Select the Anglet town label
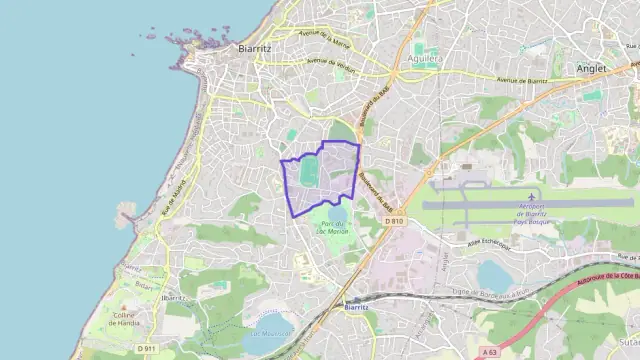click(590, 68)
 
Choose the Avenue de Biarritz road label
click(523, 79)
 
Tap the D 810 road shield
click(393, 221)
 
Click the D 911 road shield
click(147, 348)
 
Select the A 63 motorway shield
click(488, 352)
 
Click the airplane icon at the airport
click(531, 197)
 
